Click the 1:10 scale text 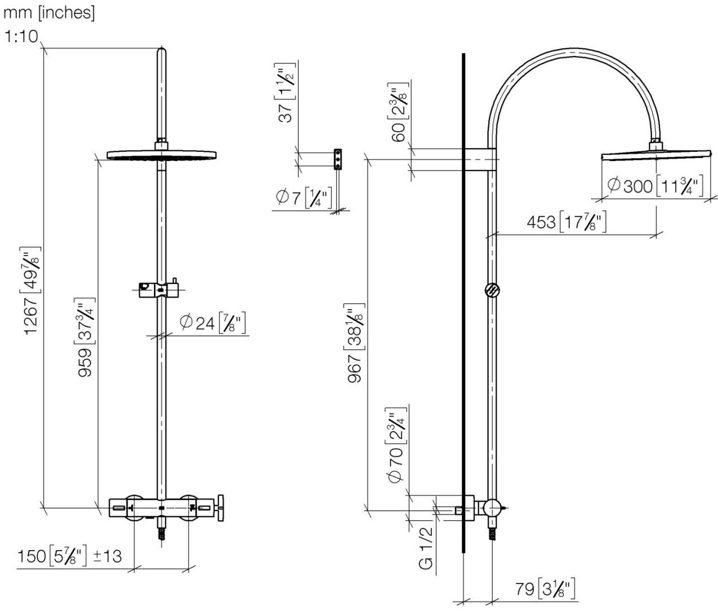(x=21, y=37)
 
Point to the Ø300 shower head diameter (x=655, y=185)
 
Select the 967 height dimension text (x=356, y=345)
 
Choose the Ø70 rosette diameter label (x=397, y=443)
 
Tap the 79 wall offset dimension (x=545, y=589)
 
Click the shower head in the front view (x=161, y=154)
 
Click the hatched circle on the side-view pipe (x=492, y=290)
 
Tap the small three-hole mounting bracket (x=338, y=159)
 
